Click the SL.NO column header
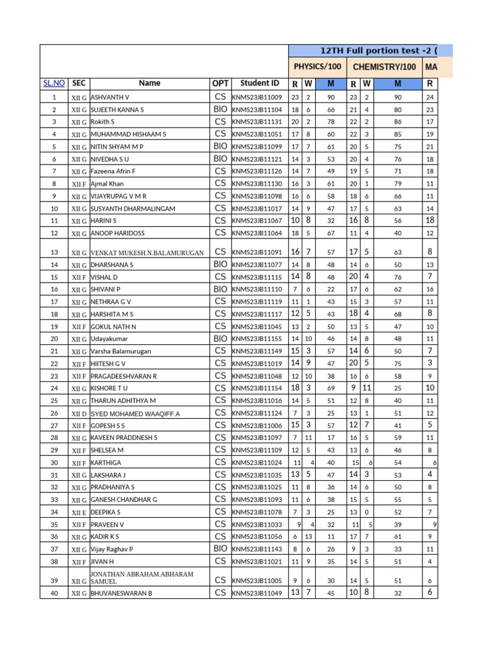[x=54, y=83]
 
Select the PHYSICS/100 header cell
[x=317, y=66]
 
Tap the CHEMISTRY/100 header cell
[x=384, y=66]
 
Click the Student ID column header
[x=259, y=83]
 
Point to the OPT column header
[x=219, y=83]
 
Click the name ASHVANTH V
[x=110, y=97]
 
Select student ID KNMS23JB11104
[x=256, y=110]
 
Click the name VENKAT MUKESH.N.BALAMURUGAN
[x=147, y=252]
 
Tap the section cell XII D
[x=78, y=413]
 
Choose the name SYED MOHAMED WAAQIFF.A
[x=135, y=413]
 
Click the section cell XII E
[x=78, y=512]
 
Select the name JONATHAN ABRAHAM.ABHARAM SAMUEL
[x=142, y=578]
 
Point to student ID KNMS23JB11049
[x=256, y=593]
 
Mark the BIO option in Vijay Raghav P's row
[x=220, y=548]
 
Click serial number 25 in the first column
[x=54, y=400]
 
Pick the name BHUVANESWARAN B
[x=121, y=593]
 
